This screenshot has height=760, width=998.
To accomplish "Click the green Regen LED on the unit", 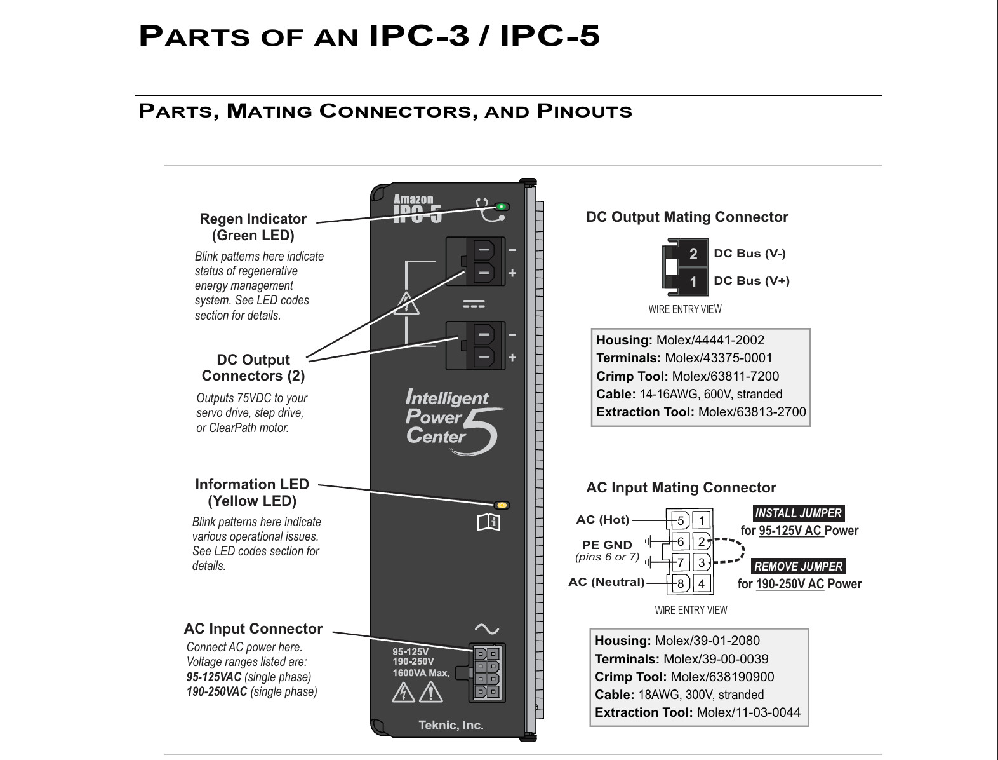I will [502, 207].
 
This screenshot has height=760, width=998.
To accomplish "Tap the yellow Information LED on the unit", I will [502, 505].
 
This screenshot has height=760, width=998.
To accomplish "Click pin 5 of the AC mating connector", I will [681, 521].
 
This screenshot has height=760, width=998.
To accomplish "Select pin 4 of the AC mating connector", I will [702, 583].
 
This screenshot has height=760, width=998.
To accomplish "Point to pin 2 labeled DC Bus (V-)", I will [693, 254].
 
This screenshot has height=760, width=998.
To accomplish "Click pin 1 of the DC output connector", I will [693, 282].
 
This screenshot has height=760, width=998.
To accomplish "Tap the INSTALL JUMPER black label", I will [799, 513].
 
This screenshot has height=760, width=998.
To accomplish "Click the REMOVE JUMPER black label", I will [799, 566].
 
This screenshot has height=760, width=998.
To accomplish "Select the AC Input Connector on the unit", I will [487, 673].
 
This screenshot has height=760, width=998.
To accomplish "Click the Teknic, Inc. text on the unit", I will [451, 725].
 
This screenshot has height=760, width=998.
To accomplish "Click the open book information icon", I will [489, 522].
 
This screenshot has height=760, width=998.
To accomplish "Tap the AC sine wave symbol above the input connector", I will [486, 629].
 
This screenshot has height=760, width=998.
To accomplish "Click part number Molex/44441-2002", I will [710, 340].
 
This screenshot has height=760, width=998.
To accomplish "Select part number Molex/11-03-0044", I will [748, 712].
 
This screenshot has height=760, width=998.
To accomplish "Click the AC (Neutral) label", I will [606, 582].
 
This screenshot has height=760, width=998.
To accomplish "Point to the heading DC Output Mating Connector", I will [687, 217].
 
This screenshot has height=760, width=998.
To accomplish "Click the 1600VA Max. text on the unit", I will [421, 673].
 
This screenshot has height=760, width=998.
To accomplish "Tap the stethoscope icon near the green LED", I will [488, 211].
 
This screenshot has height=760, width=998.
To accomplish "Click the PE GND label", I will [607, 545].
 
